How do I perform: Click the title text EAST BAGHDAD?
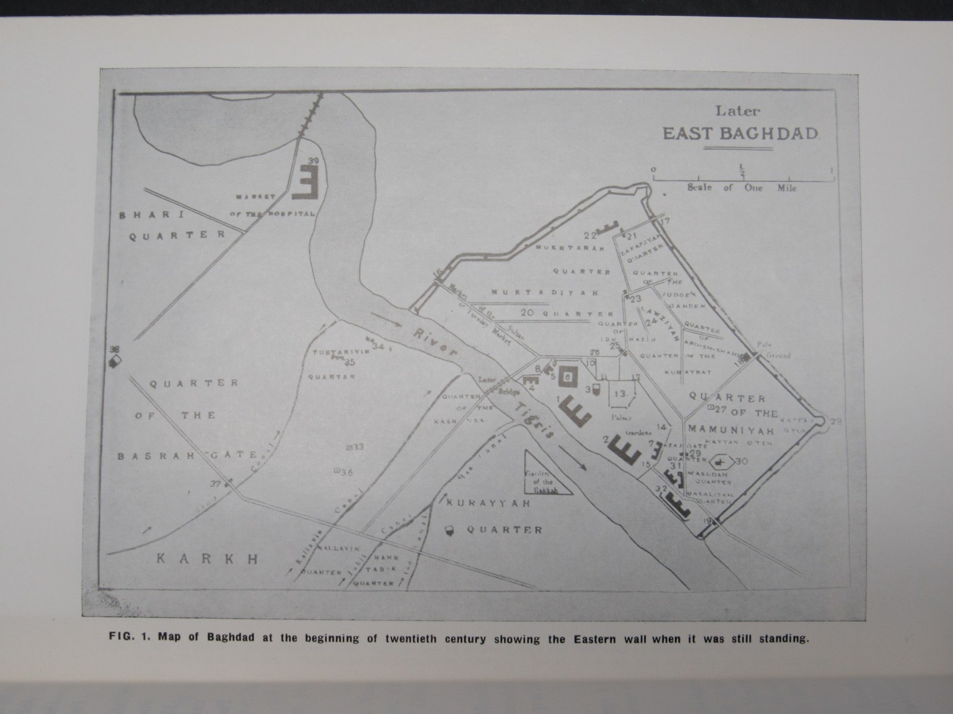tap(741, 133)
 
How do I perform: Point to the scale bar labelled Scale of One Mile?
tap(742, 178)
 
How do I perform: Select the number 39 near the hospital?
tap(314, 161)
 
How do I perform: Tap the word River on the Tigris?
tap(437, 342)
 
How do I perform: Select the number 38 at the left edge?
tap(115, 350)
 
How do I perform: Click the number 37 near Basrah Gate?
tap(215, 484)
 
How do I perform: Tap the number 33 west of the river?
tap(358, 446)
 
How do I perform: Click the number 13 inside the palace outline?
tap(621, 393)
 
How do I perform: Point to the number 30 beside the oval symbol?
tap(742, 461)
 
